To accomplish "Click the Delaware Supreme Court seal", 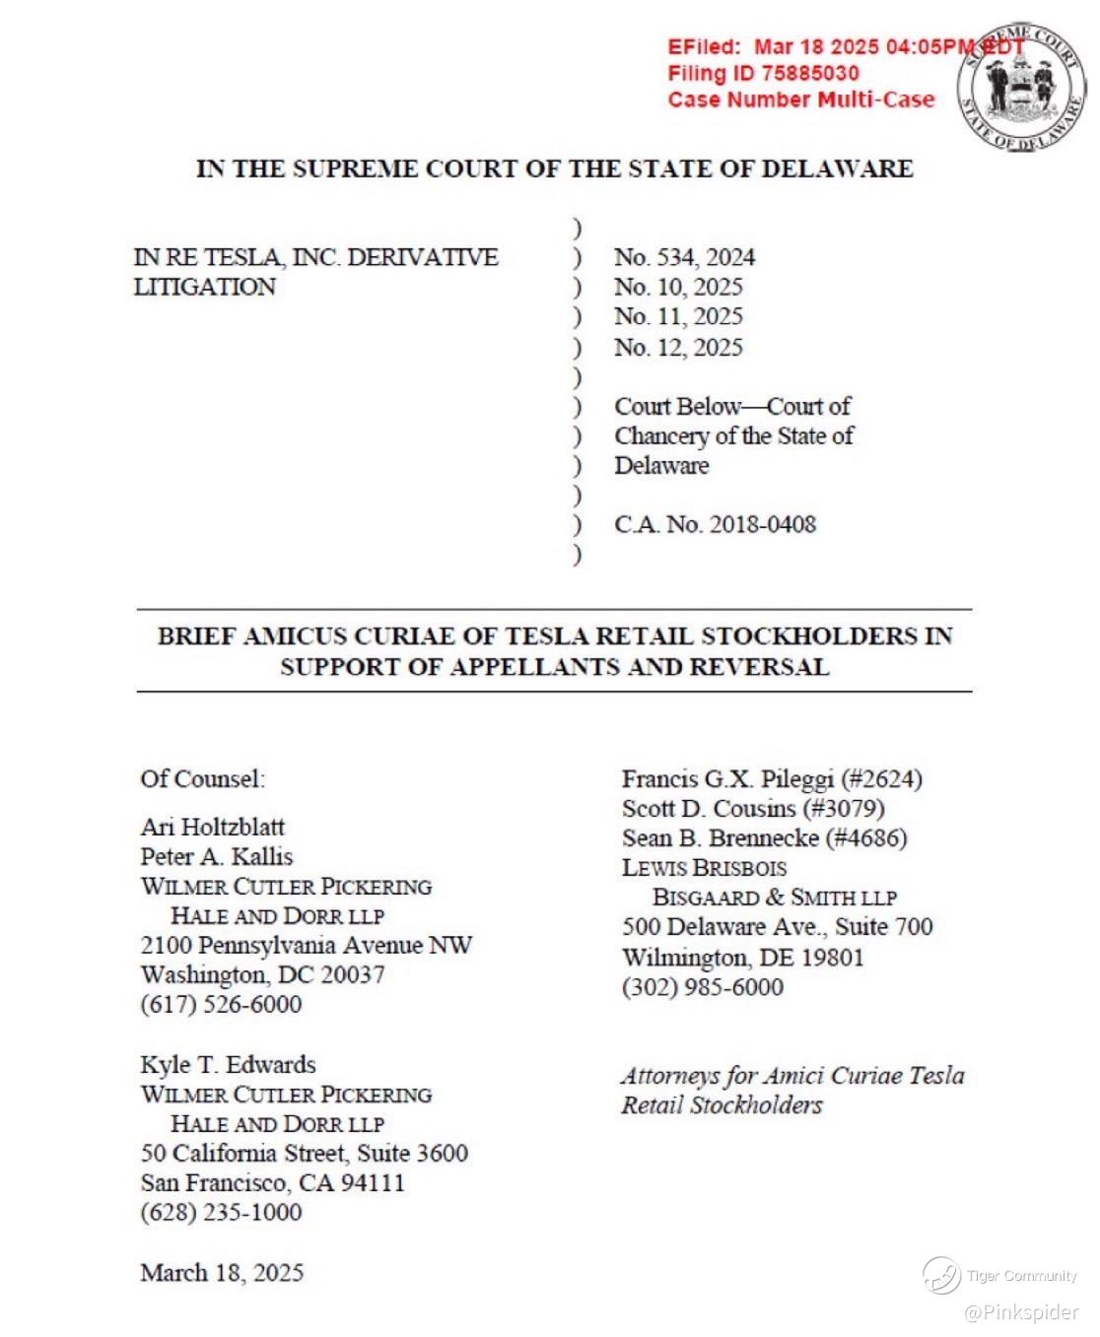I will tap(1022, 88).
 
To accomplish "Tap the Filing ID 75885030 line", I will tap(763, 73).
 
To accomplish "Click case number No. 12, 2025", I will tap(678, 347).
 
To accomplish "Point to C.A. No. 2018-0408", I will tap(715, 524).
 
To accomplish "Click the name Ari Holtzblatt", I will tap(212, 826).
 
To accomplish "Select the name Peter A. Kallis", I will tap(216, 855).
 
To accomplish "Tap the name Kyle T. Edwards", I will tap(228, 1064).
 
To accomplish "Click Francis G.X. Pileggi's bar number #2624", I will tap(881, 779).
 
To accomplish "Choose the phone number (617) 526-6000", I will tap(221, 1004).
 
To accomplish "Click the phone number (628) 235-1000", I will tap(221, 1212).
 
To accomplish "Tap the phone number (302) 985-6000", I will tap(702, 987).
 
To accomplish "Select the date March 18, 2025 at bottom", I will tap(222, 1272).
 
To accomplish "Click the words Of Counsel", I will tap(202, 778).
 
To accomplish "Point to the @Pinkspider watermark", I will tap(1021, 1312).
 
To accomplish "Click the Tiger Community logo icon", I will tap(941, 1276).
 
